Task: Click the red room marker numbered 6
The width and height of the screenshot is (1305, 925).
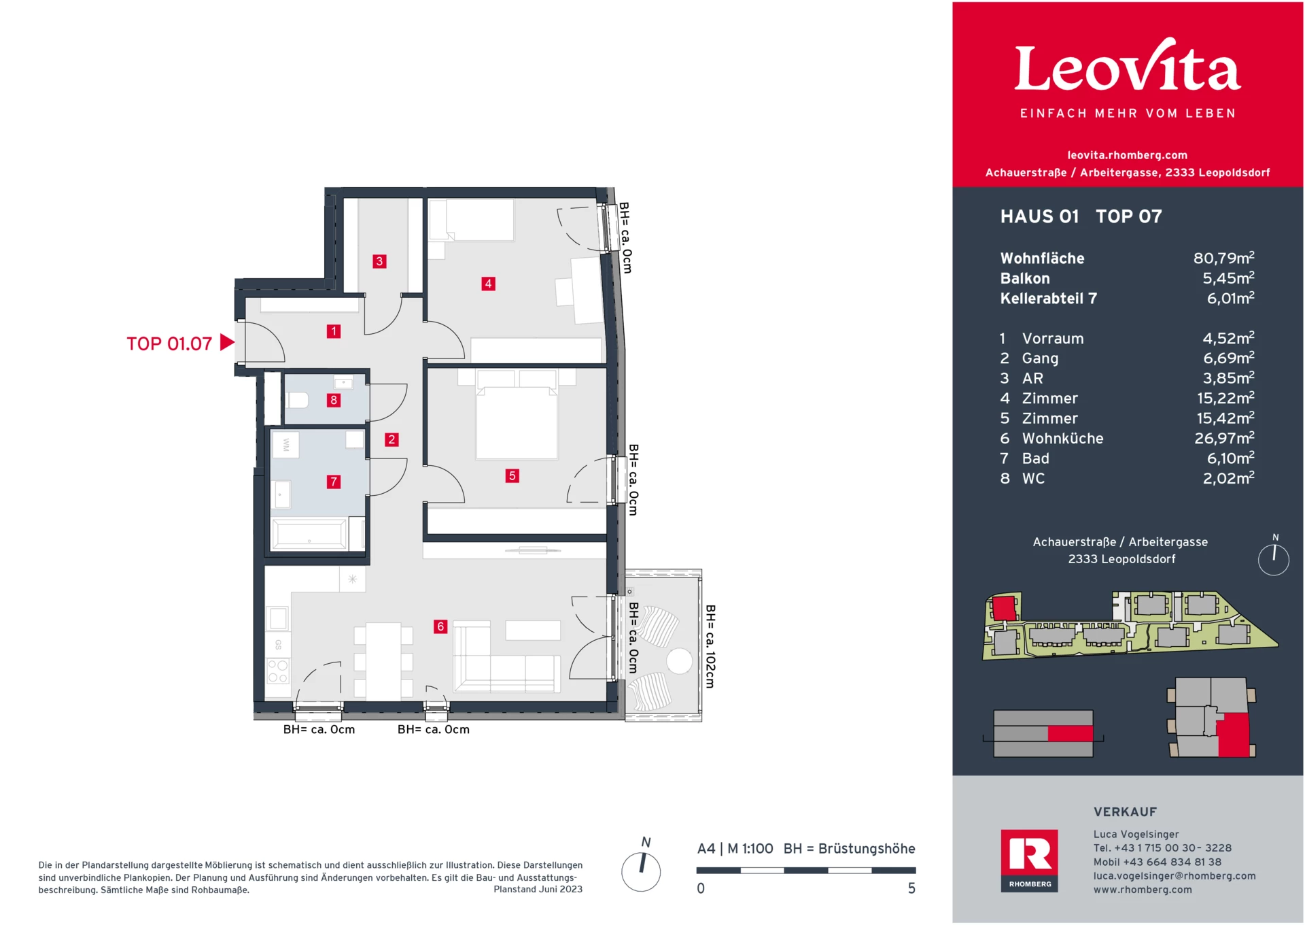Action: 440,626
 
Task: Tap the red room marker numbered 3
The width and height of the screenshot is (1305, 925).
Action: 379,261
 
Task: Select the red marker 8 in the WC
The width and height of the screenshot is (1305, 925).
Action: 333,400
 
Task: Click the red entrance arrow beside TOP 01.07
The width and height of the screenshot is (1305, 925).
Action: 227,343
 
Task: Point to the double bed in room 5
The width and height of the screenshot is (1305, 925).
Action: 517,422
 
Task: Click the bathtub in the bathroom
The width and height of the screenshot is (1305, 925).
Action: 309,534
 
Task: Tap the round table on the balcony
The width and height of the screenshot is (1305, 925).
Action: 679,661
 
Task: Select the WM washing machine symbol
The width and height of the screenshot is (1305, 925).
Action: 286,445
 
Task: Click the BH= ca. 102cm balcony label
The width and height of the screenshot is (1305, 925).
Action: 710,646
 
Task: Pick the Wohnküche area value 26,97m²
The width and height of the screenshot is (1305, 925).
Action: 1224,439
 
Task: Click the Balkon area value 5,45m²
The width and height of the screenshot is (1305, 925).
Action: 1228,278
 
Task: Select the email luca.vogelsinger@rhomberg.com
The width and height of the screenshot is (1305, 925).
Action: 1174,876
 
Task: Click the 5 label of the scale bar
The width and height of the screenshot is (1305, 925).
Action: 911,888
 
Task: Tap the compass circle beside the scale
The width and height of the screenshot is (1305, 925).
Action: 641,872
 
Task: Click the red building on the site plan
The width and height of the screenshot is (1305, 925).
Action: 1004,607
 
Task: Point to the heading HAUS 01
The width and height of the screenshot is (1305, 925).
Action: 1039,217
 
